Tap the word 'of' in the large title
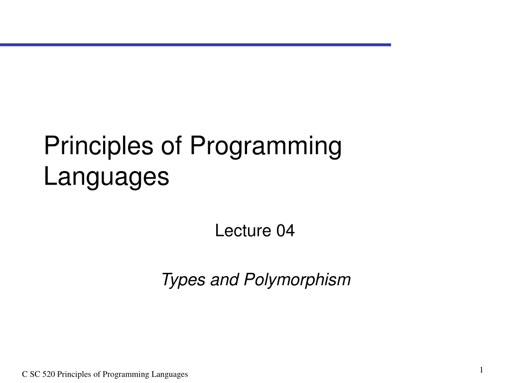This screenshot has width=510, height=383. [x=171, y=147]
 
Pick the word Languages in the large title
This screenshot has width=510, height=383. [x=106, y=176]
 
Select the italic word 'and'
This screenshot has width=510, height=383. [x=225, y=280]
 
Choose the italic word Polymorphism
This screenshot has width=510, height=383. [x=297, y=280]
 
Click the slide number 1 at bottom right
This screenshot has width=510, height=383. [x=482, y=370]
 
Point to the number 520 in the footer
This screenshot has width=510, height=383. [x=49, y=375]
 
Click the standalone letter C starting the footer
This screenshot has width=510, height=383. [x=24, y=375]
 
